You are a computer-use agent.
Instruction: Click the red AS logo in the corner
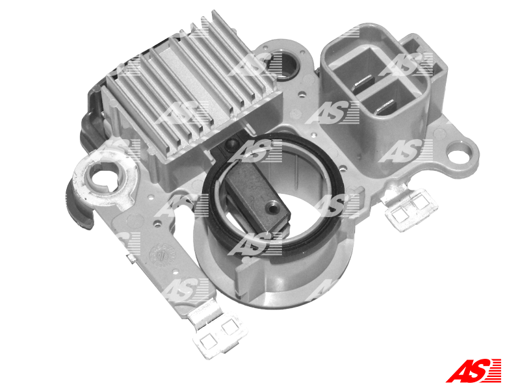(x=473, y=370)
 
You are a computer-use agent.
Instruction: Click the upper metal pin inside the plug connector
(x=364, y=82)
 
